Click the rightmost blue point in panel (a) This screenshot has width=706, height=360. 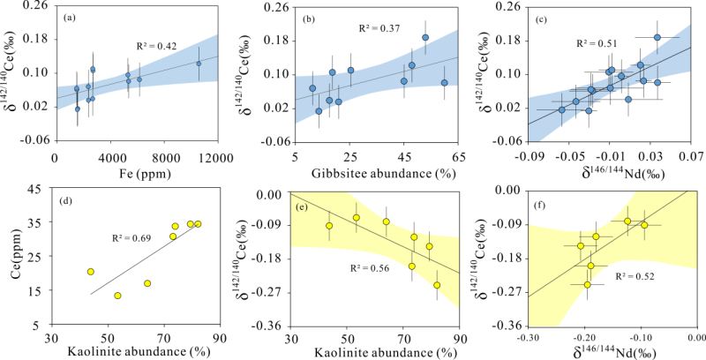[199, 64]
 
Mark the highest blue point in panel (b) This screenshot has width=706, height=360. [425, 38]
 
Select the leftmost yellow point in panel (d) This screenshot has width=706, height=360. [90, 272]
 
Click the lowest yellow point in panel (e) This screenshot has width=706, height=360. [437, 285]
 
